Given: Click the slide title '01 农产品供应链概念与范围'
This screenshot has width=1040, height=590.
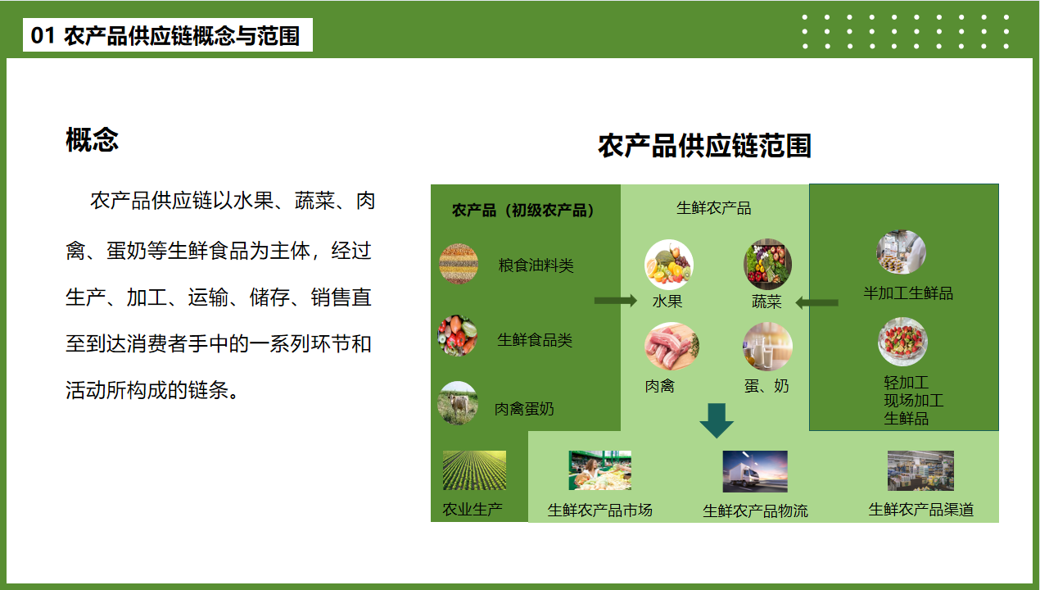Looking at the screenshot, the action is pos(165,35).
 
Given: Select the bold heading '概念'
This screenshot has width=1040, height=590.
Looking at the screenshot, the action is pos(92,139).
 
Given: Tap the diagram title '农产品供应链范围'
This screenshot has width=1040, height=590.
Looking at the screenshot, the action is pos(704,146).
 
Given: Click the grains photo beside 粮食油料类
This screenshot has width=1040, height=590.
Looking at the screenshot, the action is pos(459,264).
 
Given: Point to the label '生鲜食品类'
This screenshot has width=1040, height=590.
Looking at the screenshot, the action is pos(535,340).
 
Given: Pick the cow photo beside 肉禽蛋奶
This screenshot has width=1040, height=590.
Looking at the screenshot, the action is pos(458,403).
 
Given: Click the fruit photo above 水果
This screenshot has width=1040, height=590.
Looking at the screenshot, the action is pos(668,265).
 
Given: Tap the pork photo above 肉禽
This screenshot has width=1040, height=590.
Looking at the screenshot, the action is pos(671,346).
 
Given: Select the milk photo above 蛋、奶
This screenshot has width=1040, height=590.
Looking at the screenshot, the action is pos(767,347).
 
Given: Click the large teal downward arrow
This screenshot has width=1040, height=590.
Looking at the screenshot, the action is pos(717,420).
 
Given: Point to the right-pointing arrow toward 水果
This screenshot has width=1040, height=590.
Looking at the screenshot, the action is pos(616,301).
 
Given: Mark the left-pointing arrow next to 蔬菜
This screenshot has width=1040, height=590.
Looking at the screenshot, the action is pos(816,303).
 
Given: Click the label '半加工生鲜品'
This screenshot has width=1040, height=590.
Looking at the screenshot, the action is pos(907,293).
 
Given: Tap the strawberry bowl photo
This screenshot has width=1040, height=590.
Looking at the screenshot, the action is pos(902,342).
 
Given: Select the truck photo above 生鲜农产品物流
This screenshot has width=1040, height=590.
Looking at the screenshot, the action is pos(755,471).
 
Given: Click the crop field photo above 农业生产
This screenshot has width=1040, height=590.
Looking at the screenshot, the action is pos(474,470).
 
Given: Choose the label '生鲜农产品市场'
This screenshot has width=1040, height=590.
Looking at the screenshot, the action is pos(599,510).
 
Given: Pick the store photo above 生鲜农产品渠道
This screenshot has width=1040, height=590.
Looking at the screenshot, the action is pos(920,470).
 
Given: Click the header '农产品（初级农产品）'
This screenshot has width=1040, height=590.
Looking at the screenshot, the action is pos(522,211).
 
